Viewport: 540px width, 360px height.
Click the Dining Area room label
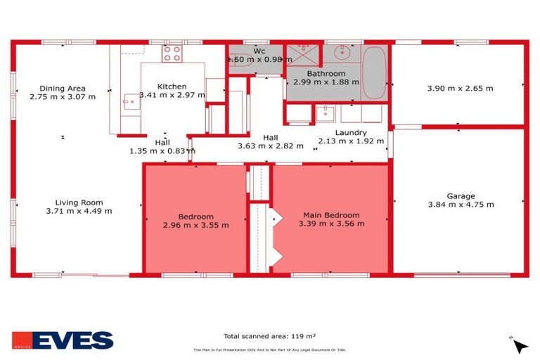tap(62, 88)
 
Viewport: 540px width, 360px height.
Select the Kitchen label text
tap(172, 86)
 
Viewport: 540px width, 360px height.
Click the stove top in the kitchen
tap(172, 53)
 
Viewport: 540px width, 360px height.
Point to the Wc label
tap(259, 51)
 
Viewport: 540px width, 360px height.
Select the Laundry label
tap(351, 132)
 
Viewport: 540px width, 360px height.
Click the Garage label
tap(461, 196)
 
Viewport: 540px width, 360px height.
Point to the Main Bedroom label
tap(331, 215)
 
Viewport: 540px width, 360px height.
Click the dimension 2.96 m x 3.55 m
tap(195, 225)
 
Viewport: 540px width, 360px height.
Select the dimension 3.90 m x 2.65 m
tap(460, 89)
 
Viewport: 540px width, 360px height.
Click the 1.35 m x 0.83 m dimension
tap(162, 150)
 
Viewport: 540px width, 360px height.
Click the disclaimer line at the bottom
tap(270, 349)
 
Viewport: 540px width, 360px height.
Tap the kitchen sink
tap(129, 101)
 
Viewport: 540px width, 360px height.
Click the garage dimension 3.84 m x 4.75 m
tap(461, 205)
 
